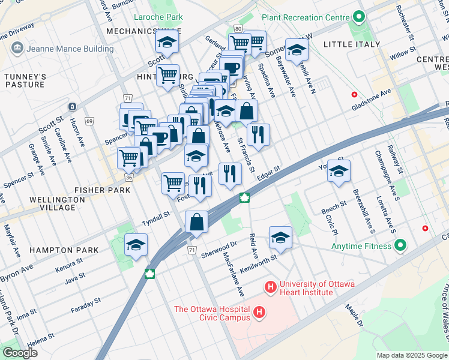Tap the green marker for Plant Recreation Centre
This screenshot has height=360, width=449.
360,16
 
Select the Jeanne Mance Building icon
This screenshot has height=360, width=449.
16,48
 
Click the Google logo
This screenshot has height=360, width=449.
20,353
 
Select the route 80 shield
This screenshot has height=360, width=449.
238,29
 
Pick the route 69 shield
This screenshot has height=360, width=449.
89,121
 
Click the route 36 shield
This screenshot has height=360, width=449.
129,178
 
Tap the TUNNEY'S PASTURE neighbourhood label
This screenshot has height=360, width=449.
25,80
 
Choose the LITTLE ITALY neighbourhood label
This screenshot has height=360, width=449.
351,44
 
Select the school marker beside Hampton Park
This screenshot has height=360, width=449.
136,245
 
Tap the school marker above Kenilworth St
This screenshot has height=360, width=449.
280,237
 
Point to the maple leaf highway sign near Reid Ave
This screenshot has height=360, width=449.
245,197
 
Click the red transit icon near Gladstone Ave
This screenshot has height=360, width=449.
354,95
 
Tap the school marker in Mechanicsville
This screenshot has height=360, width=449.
166,41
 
